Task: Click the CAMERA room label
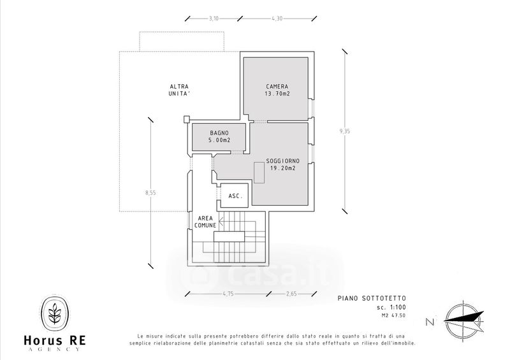(277, 87)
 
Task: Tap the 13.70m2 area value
(277, 94)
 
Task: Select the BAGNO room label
(219, 133)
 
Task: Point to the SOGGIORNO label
(282, 161)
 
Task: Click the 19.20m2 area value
(282, 168)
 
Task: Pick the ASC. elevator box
(235, 196)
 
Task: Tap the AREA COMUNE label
(205, 222)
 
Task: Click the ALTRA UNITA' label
(179, 90)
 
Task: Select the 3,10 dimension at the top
(214, 18)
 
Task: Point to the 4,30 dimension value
(277, 18)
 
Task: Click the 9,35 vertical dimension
(345, 131)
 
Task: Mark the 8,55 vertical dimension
(150, 192)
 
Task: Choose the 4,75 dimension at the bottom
(228, 294)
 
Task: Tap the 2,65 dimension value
(291, 294)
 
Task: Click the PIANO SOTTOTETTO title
(372, 298)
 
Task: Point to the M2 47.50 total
(393, 315)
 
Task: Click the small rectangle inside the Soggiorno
(259, 173)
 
